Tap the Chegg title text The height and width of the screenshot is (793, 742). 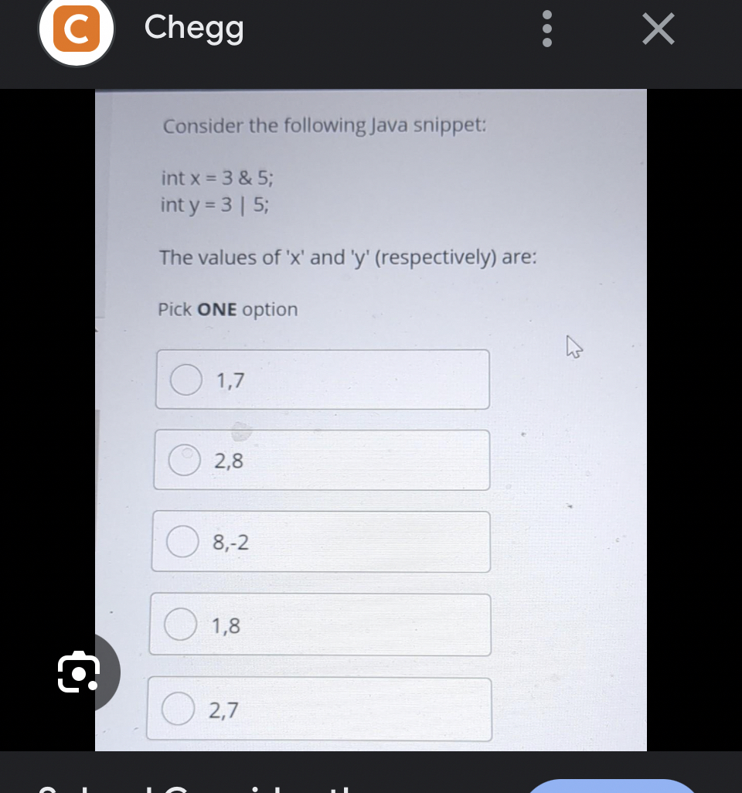(194, 29)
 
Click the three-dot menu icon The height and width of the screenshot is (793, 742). (546, 29)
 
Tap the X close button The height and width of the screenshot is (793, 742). (658, 29)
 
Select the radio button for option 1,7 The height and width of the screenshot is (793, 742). (185, 379)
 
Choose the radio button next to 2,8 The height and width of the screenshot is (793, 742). (184, 461)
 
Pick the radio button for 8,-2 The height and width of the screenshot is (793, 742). (182, 542)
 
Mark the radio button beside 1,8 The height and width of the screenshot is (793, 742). (179, 625)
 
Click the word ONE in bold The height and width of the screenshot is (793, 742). (218, 310)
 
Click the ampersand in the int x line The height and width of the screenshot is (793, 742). (245, 179)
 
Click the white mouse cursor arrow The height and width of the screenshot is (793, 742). (573, 347)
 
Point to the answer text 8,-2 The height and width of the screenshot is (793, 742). (231, 543)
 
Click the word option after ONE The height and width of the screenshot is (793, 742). (270, 310)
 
